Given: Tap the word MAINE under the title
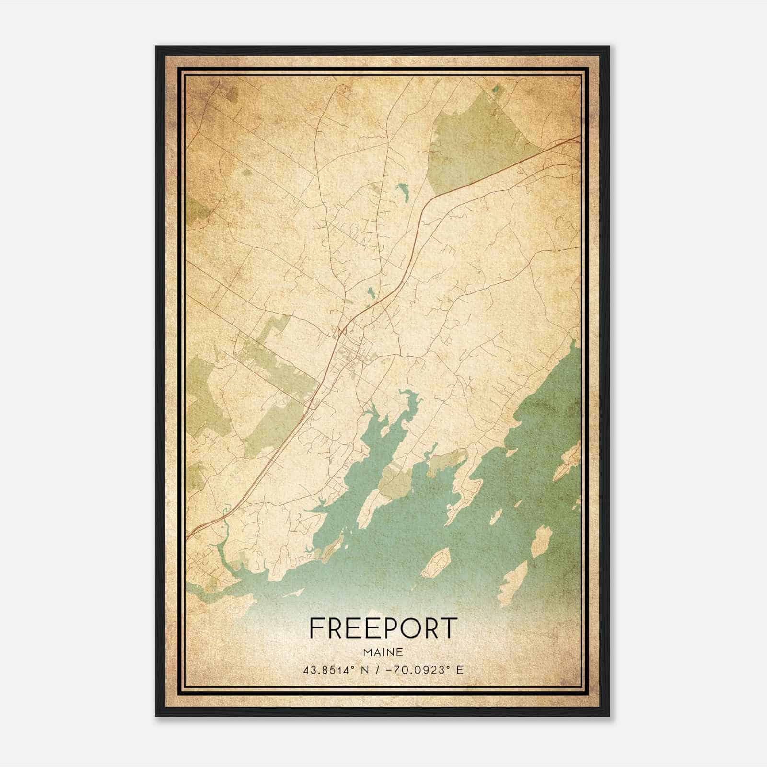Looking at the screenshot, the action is (x=383, y=652).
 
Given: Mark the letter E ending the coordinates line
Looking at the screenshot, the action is (x=460, y=670).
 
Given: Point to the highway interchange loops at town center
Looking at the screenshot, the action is (x=341, y=331).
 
